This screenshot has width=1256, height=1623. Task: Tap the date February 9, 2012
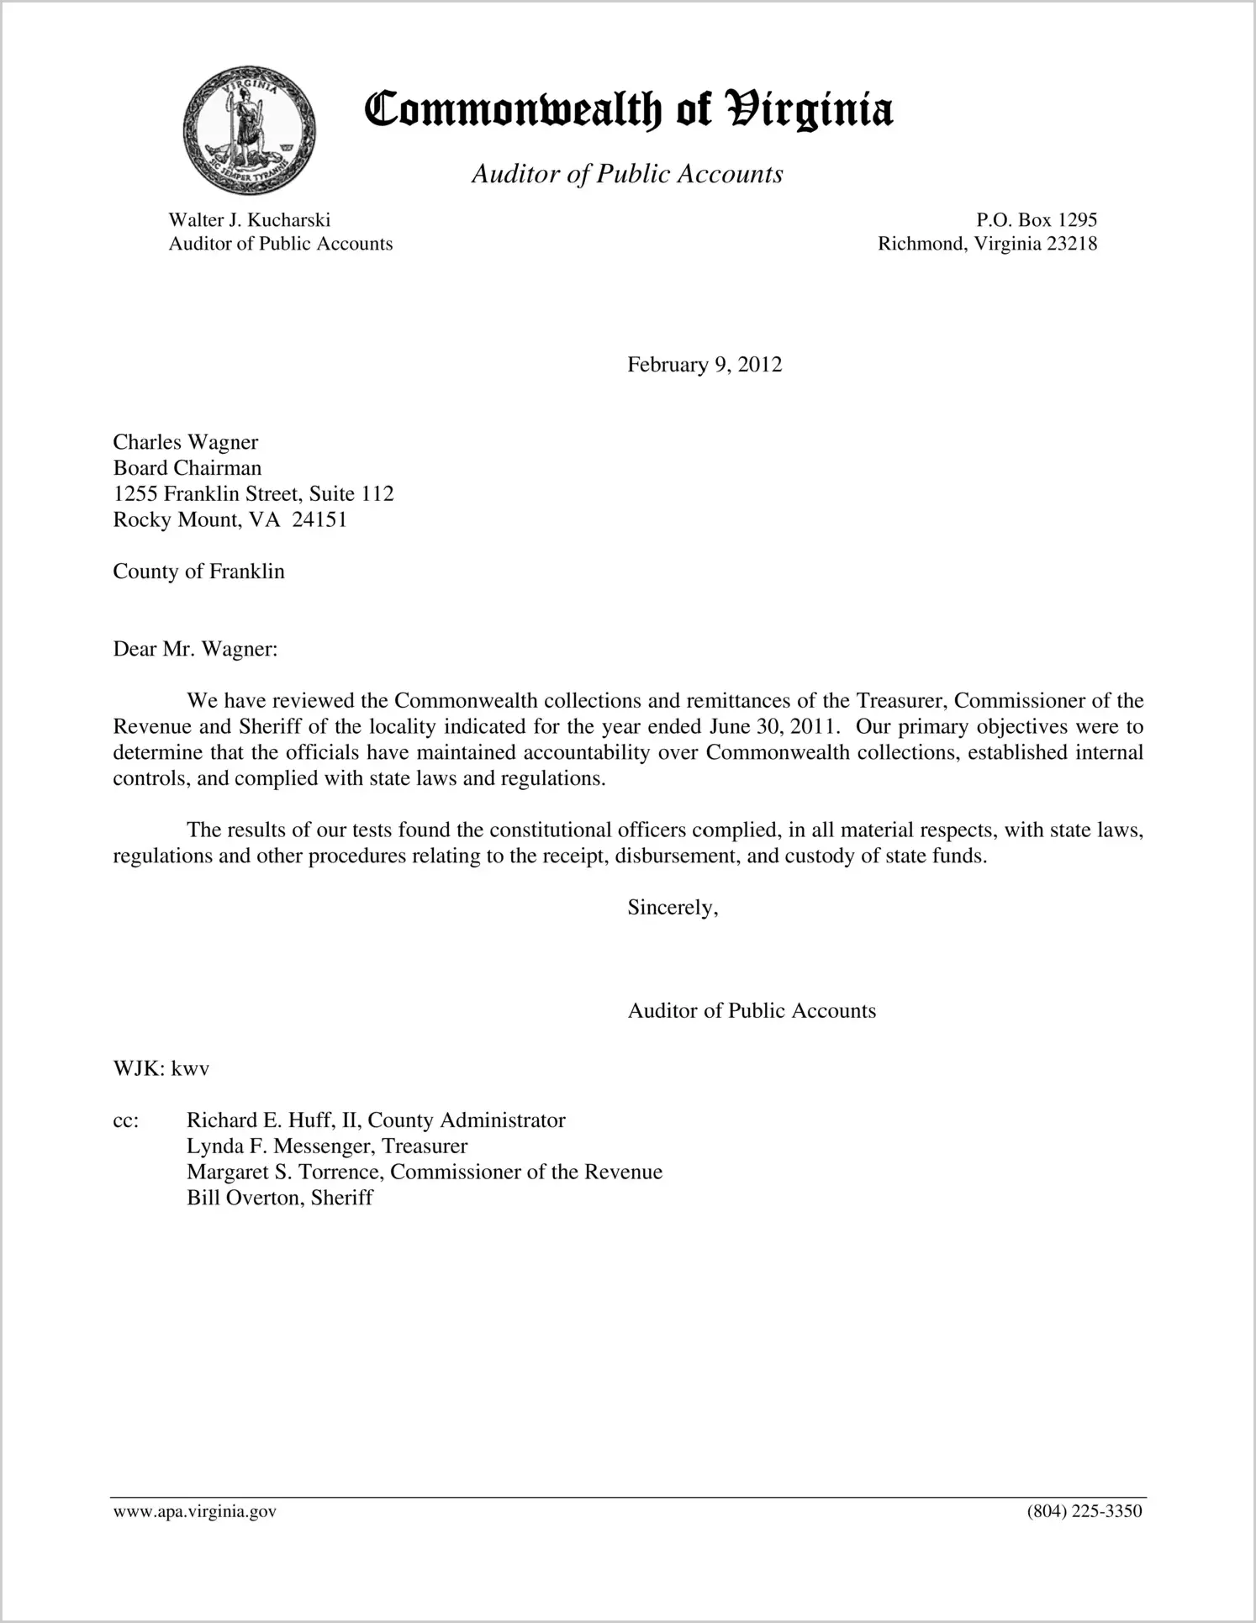pyautogui.click(x=704, y=365)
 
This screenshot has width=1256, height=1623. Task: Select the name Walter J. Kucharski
pyautogui.click(x=249, y=220)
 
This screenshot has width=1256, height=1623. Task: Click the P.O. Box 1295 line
pyautogui.click(x=1036, y=220)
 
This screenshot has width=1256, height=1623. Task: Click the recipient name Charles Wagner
pyautogui.click(x=186, y=442)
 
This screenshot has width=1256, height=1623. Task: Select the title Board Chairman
pyautogui.click(x=187, y=468)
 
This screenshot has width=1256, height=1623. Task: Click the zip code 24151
pyautogui.click(x=319, y=519)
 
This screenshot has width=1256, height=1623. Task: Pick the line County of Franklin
pyautogui.click(x=199, y=572)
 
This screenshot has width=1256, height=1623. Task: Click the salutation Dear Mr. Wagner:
pyautogui.click(x=195, y=649)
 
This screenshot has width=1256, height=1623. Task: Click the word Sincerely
pyautogui.click(x=673, y=908)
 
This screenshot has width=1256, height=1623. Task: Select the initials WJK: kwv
pyautogui.click(x=161, y=1069)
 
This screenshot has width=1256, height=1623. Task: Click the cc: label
pyautogui.click(x=126, y=1120)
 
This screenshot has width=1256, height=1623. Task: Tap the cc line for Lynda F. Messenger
pyautogui.click(x=327, y=1146)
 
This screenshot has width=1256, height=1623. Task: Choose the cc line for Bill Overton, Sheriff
pyautogui.click(x=279, y=1198)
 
